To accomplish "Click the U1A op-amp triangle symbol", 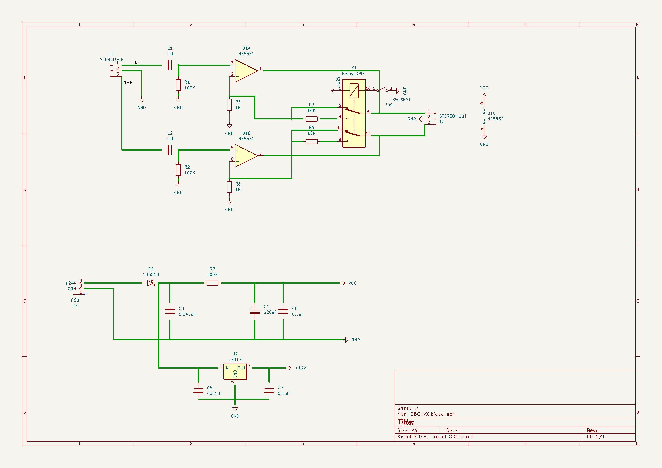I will click(x=245, y=71).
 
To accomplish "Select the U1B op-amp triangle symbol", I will click(x=245, y=156).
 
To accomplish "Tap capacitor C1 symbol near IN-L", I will click(x=170, y=65).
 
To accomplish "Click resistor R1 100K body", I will click(x=178, y=85).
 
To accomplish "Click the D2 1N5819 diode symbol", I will click(x=150, y=283).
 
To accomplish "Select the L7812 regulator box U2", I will click(x=235, y=371).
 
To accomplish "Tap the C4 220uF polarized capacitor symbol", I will click(x=255, y=311).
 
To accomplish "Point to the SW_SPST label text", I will click(x=401, y=100).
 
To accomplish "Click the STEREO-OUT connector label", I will click(x=452, y=116).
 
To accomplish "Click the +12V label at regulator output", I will click(x=301, y=368).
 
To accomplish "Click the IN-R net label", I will click(x=127, y=83).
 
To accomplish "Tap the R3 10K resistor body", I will click(x=311, y=119).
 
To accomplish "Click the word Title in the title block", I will click(x=405, y=422).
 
